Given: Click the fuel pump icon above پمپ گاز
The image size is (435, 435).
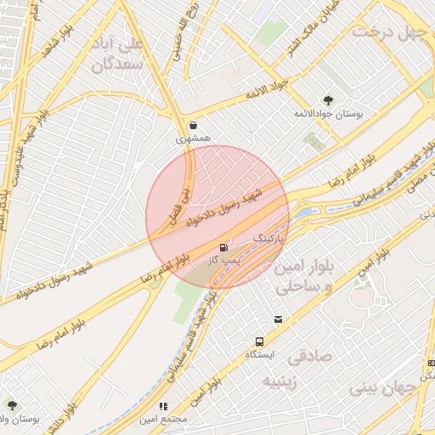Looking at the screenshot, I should [x=223, y=248].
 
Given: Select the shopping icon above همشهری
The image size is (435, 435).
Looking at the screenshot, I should [x=195, y=124].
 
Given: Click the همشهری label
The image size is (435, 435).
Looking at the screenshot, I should [x=193, y=137].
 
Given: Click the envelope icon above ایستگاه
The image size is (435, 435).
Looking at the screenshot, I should [x=278, y=319].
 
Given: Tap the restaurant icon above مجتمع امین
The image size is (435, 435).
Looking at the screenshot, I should [x=163, y=407].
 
